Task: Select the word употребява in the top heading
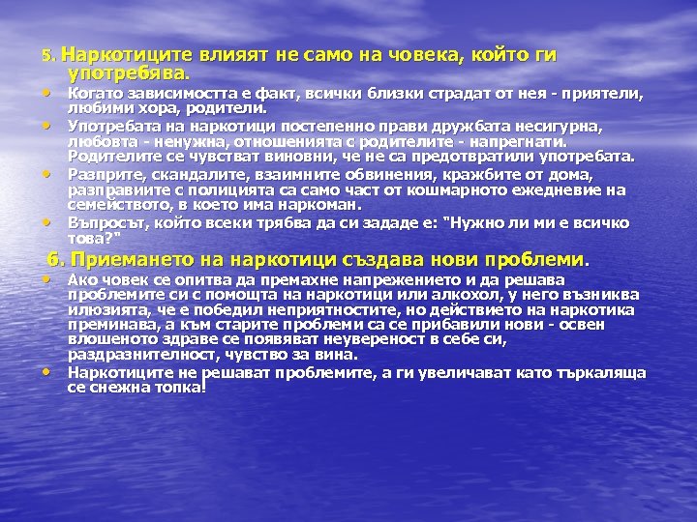pos(129,72)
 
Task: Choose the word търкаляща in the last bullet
pos(607,371)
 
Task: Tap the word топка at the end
pos(181,387)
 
